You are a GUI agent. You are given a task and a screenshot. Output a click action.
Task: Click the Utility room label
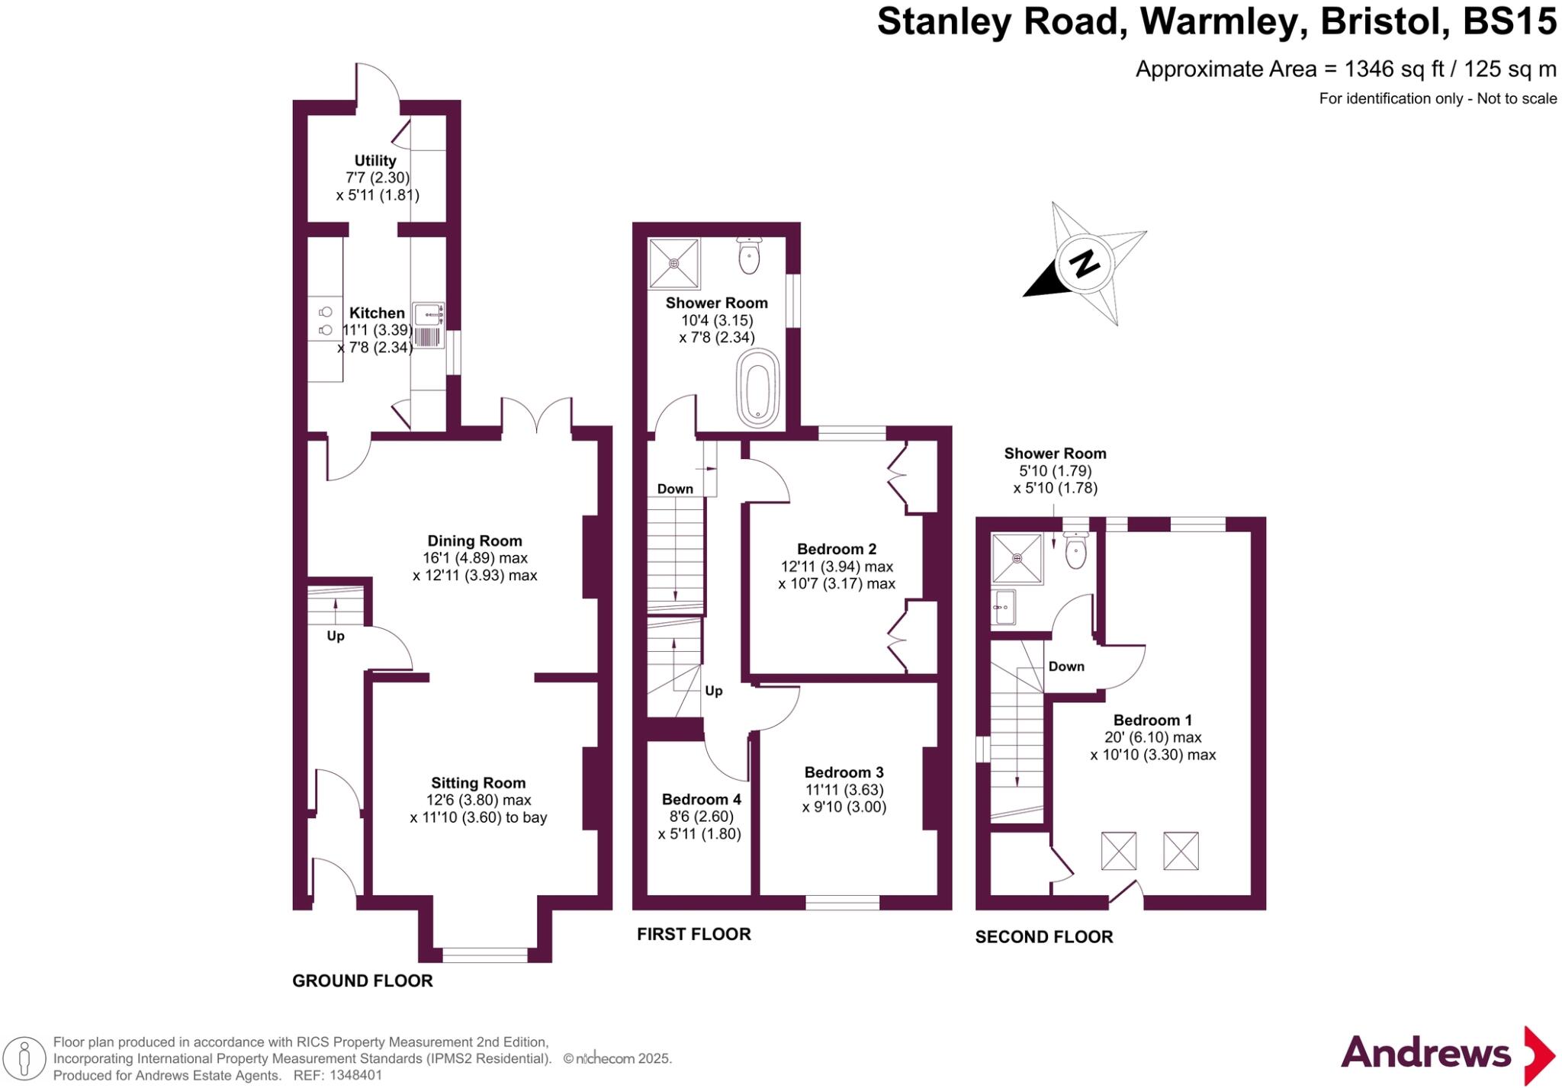[374, 160]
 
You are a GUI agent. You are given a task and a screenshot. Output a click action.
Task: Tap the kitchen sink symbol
[429, 326]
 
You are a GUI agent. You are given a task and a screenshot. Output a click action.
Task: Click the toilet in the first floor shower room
[750, 255]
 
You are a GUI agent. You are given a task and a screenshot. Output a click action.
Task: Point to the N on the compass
[1084, 264]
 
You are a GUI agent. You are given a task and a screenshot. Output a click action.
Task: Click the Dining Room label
[474, 541]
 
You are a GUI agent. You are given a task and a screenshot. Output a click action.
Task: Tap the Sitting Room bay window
[484, 954]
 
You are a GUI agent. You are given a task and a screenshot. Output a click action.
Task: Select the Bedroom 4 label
[701, 799]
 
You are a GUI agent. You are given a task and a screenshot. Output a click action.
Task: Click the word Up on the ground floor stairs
[336, 636]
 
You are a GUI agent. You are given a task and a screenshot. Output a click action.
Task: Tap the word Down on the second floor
[1065, 666]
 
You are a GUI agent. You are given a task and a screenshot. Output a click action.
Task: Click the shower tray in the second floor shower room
[1017, 558]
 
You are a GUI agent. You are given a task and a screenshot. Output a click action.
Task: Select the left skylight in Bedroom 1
[1118, 851]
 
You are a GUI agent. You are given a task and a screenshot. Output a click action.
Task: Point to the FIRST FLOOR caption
[693, 934]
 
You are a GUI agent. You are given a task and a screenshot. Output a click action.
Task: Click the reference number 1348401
[356, 1076]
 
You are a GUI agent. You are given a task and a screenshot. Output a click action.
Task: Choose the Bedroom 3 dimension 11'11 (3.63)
[844, 790]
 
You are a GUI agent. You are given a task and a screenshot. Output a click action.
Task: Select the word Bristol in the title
[1385, 22]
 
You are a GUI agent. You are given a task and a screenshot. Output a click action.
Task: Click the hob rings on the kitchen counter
[326, 321]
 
